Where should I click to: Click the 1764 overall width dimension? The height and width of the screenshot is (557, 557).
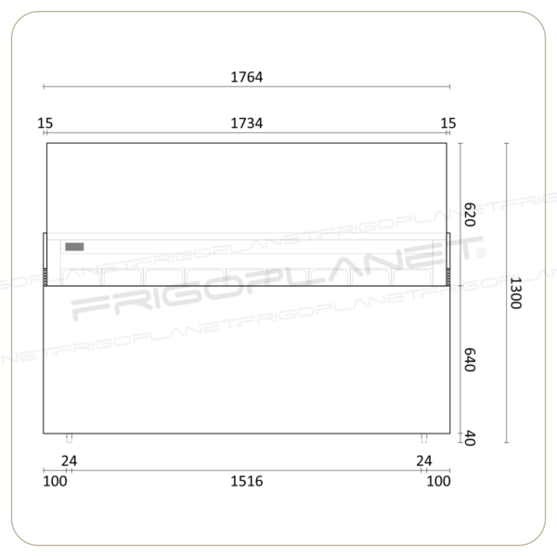pyautogui.click(x=247, y=77)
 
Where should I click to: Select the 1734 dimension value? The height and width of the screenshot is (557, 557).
pyautogui.click(x=247, y=123)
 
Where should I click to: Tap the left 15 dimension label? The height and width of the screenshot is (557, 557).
pyautogui.click(x=45, y=123)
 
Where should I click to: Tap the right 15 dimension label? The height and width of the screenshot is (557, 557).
pyautogui.click(x=448, y=123)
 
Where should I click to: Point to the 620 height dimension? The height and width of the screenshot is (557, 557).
pyautogui.click(x=470, y=214)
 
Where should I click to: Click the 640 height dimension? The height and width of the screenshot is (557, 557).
pyautogui.click(x=470, y=360)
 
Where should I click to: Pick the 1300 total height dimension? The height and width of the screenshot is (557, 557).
pyautogui.click(x=515, y=293)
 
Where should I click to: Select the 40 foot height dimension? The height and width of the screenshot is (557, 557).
pyautogui.click(x=470, y=438)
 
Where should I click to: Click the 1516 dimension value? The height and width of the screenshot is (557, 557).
pyautogui.click(x=247, y=481)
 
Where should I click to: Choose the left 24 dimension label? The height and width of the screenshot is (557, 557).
pyautogui.click(x=69, y=461)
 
